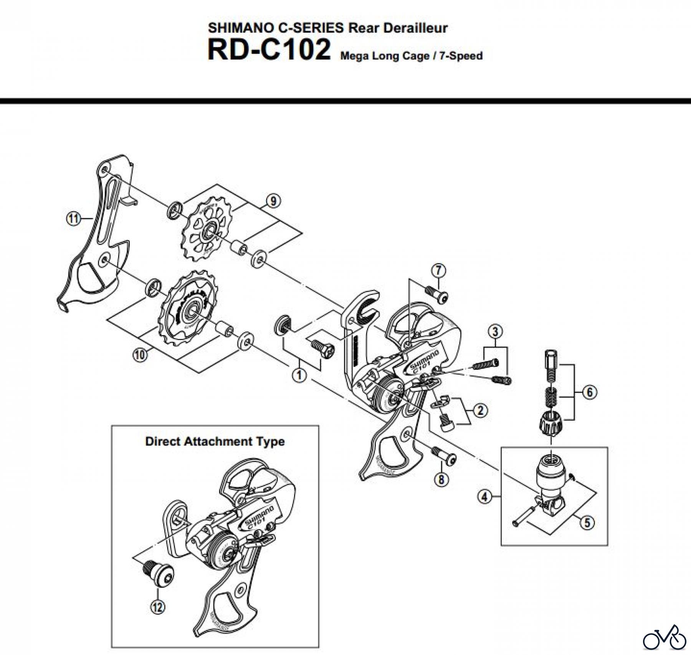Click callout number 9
273,201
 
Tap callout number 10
140,354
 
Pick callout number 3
495,331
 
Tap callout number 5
588,523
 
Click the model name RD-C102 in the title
269,50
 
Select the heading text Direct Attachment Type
215,441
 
